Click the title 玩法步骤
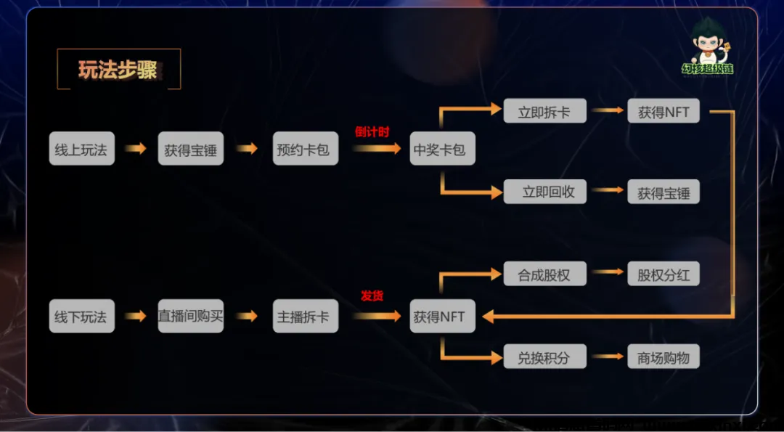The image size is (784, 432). pos(118,70)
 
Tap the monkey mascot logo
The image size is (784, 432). pos(706,47)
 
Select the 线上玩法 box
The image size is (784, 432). pos(81,149)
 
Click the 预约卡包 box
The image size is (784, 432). pos(305,149)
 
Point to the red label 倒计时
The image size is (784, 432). pos(372,132)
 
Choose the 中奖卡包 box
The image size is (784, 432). pos(442,149)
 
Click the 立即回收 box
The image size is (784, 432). pos(544,191)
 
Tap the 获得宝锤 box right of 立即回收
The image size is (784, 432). pos(663,191)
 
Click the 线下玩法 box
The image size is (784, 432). pos(81,316)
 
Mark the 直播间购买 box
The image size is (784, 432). pos(191,316)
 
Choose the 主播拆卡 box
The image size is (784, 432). pos(305,316)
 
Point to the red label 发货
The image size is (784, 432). pos(372,296)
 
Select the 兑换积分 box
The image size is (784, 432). pos(544,356)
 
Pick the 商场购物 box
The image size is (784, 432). pos(663,356)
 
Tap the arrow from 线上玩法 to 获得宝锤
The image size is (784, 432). pos(135,149)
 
